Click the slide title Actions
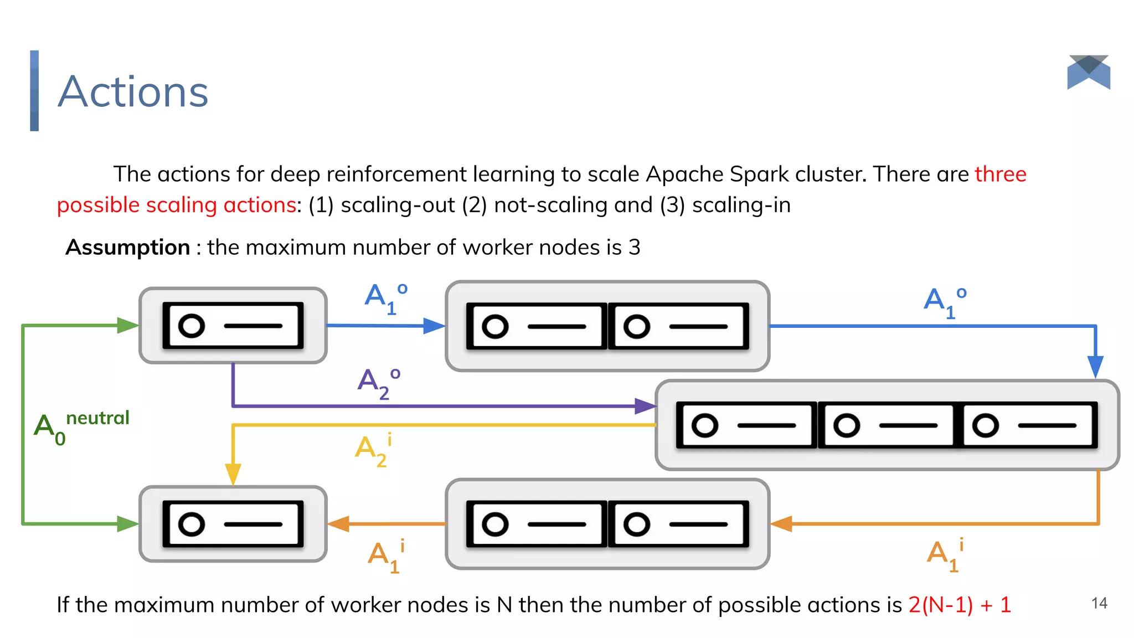[x=133, y=92]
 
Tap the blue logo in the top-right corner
[x=1088, y=72]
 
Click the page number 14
[x=1099, y=603]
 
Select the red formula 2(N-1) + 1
[x=960, y=605]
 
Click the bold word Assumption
[x=128, y=248]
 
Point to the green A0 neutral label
[x=80, y=427]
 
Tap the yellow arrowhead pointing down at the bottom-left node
[x=233, y=474]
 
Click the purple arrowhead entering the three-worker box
[x=645, y=406]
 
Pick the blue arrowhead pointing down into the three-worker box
[x=1095, y=367]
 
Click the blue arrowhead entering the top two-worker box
[x=434, y=326]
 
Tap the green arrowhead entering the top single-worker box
[x=127, y=325]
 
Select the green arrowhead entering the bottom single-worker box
[x=127, y=523]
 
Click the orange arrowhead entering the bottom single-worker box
[x=339, y=523]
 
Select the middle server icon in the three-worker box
[x=886, y=425]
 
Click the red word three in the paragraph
[x=1000, y=174]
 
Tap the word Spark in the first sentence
[x=759, y=174]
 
